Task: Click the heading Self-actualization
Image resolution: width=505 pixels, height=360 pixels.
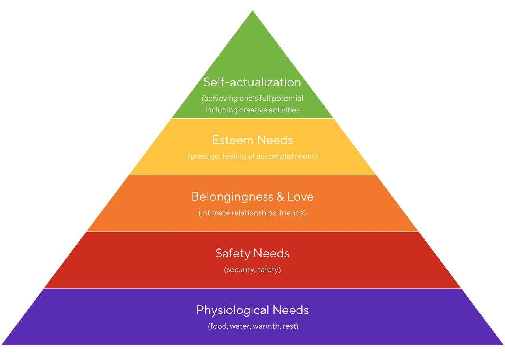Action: [x=252, y=82]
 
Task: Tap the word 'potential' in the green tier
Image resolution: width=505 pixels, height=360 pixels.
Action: [x=287, y=99]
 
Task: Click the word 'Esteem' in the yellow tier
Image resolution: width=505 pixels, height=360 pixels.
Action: [x=233, y=140]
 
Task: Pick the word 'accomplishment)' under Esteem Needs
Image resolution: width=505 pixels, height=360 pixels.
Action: [x=286, y=156]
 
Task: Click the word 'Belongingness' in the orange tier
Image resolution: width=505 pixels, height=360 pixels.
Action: [x=232, y=197]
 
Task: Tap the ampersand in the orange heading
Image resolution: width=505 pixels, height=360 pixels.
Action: [x=280, y=196]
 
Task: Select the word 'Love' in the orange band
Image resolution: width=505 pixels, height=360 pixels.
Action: [x=300, y=196]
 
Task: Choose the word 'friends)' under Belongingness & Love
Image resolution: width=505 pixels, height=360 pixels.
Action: [x=293, y=213]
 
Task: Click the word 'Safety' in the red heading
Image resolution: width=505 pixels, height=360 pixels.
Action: [x=233, y=254]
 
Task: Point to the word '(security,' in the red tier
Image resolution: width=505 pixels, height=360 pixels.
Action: [x=239, y=270]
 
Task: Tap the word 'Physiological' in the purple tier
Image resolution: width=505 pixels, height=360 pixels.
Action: [x=233, y=310]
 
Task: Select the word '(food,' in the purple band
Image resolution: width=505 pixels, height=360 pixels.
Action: [x=218, y=326]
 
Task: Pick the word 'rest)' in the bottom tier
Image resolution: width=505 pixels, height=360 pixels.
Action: [x=291, y=326]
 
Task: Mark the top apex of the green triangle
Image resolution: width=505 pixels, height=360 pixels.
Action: [x=252, y=10]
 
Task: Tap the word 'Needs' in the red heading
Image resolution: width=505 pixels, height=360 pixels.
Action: [x=271, y=253]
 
